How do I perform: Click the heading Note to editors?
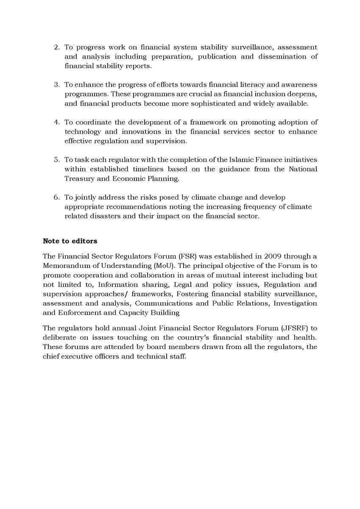tap(70, 241)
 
